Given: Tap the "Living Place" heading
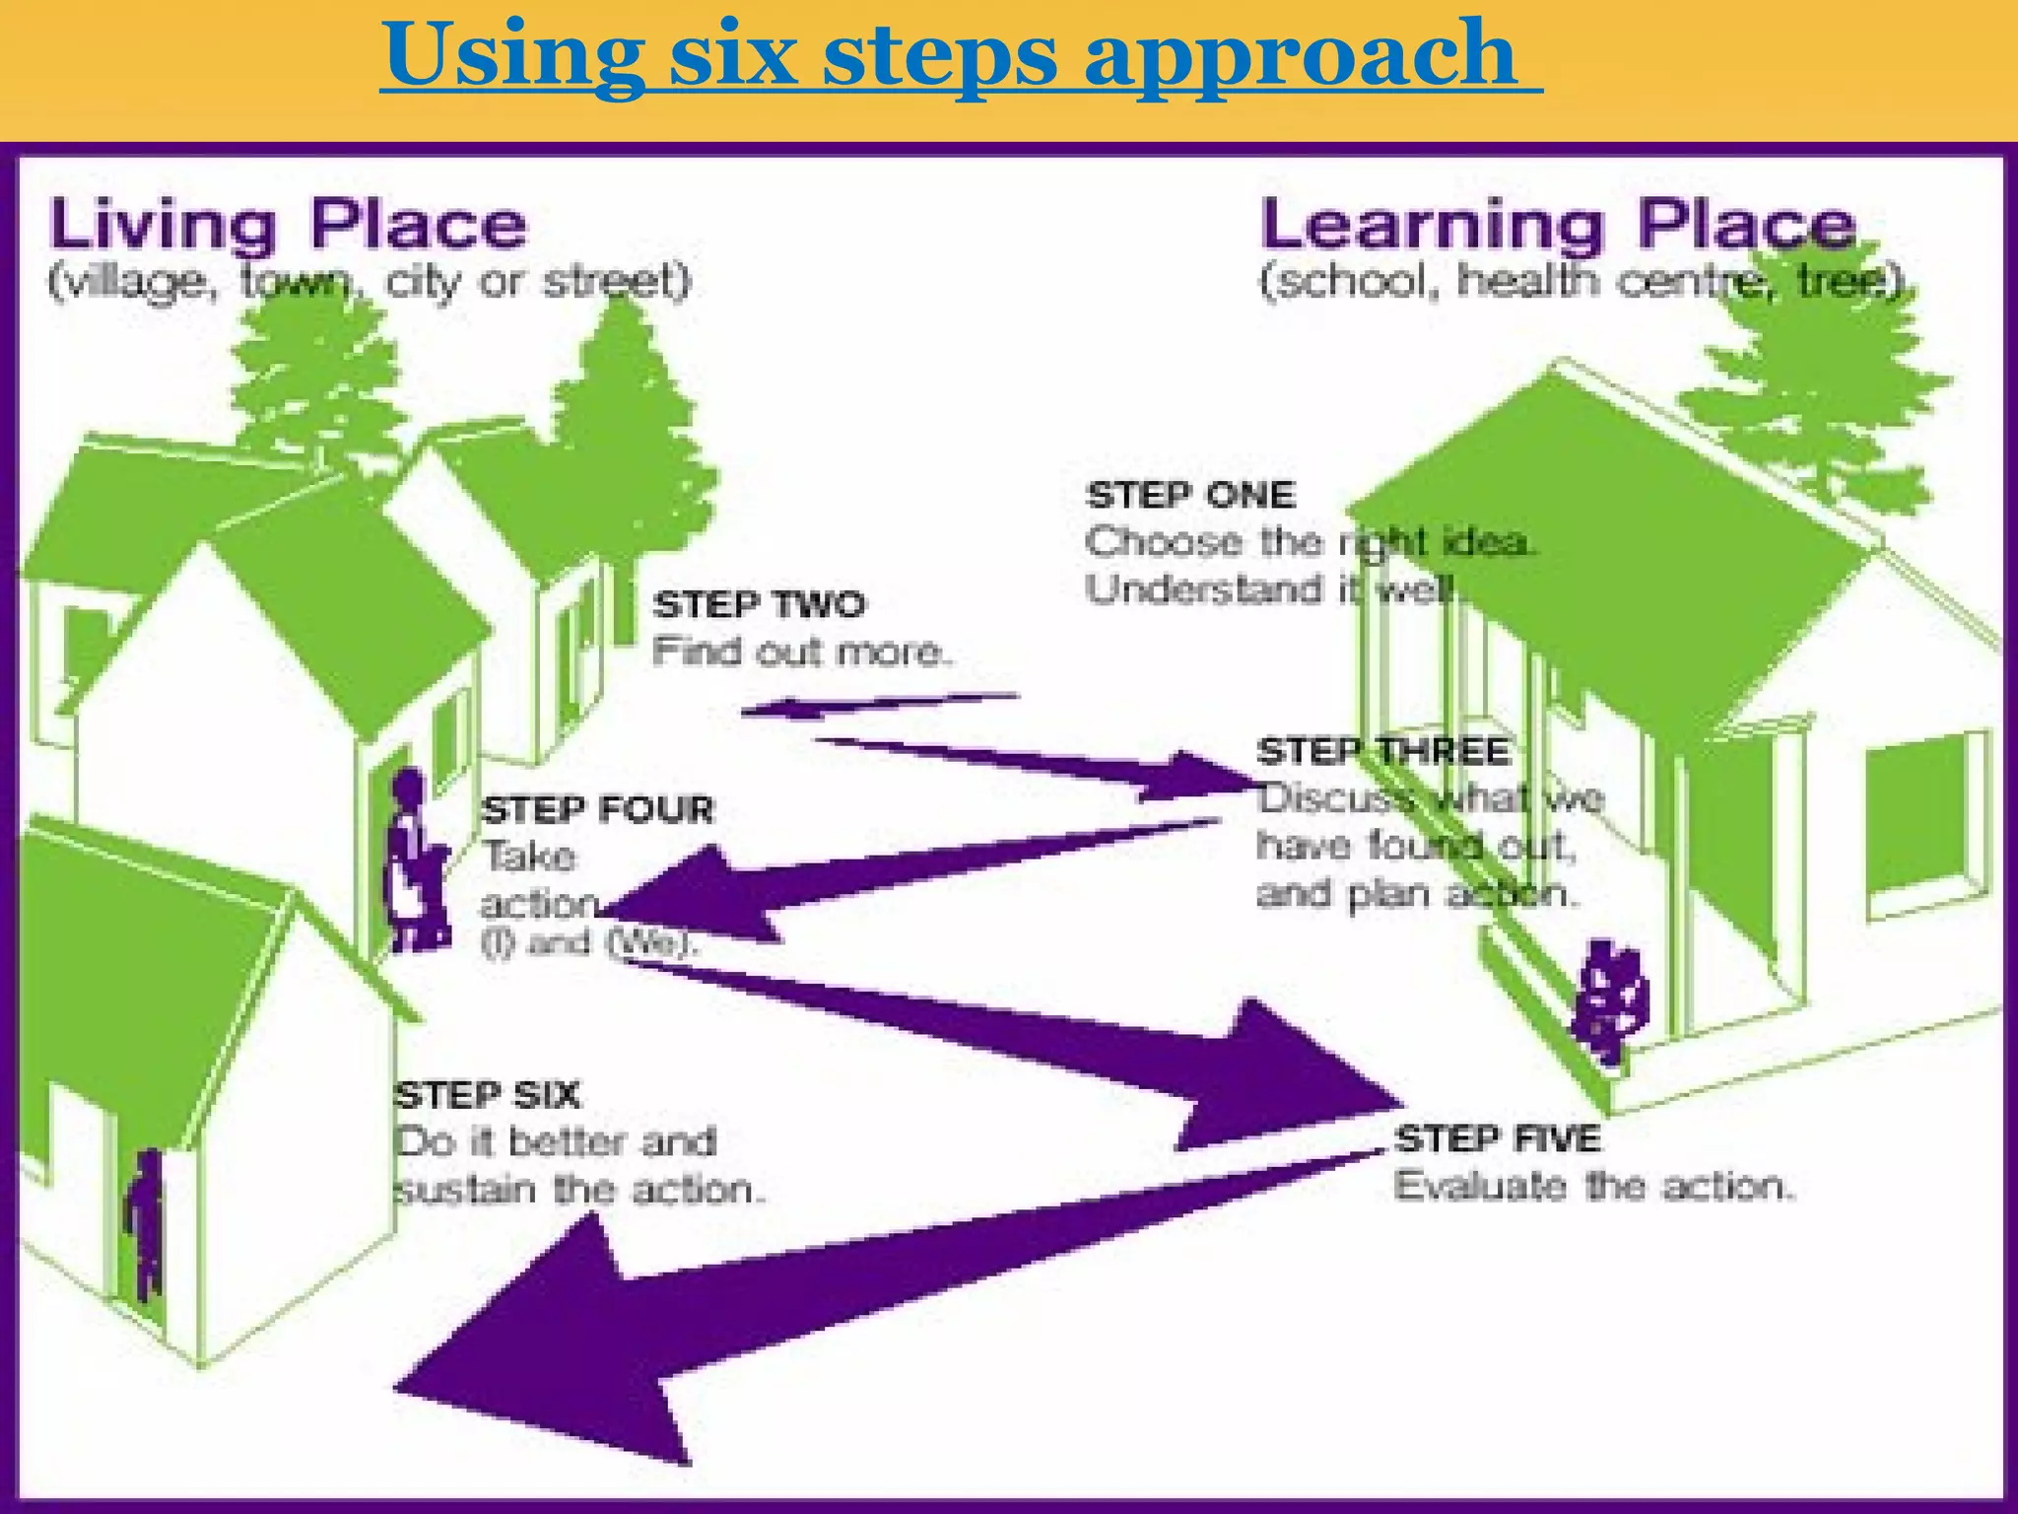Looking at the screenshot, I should tap(288, 225).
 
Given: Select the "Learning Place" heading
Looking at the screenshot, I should tap(1558, 225).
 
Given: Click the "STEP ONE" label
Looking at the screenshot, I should tap(1190, 495).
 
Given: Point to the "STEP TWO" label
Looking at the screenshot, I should tap(759, 603).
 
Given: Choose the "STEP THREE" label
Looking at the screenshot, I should tap(1382, 751).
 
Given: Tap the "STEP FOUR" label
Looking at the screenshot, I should tap(597, 809).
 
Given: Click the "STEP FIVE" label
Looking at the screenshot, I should tap(1498, 1138).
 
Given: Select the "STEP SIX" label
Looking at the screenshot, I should tap(488, 1095).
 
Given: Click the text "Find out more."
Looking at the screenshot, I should tap(802, 652).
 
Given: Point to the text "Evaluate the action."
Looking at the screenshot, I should tap(1594, 1186).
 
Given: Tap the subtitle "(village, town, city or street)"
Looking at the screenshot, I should tap(370, 282).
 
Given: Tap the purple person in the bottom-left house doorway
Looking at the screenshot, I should tap(146, 1222).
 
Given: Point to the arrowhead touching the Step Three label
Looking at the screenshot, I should tap(1202, 776).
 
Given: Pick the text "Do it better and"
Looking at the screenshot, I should tap(555, 1142).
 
